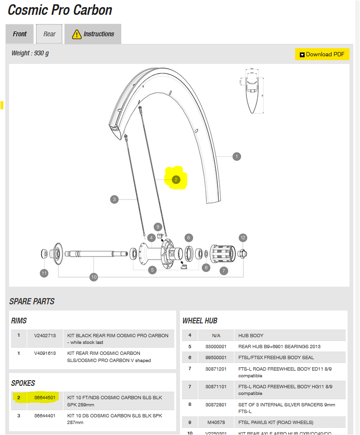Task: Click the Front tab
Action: coord(20,34)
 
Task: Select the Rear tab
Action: coord(50,34)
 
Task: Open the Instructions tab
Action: coord(93,34)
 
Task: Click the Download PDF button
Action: coord(322,54)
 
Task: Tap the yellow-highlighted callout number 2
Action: coord(176,180)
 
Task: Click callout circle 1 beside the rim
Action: coord(236,156)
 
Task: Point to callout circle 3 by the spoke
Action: coord(114,199)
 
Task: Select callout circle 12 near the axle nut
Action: coord(243,238)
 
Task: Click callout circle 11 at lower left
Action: coord(44,273)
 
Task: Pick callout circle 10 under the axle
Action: coord(94,277)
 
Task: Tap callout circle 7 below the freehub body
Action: coord(223,271)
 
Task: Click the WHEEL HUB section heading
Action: coord(200,321)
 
